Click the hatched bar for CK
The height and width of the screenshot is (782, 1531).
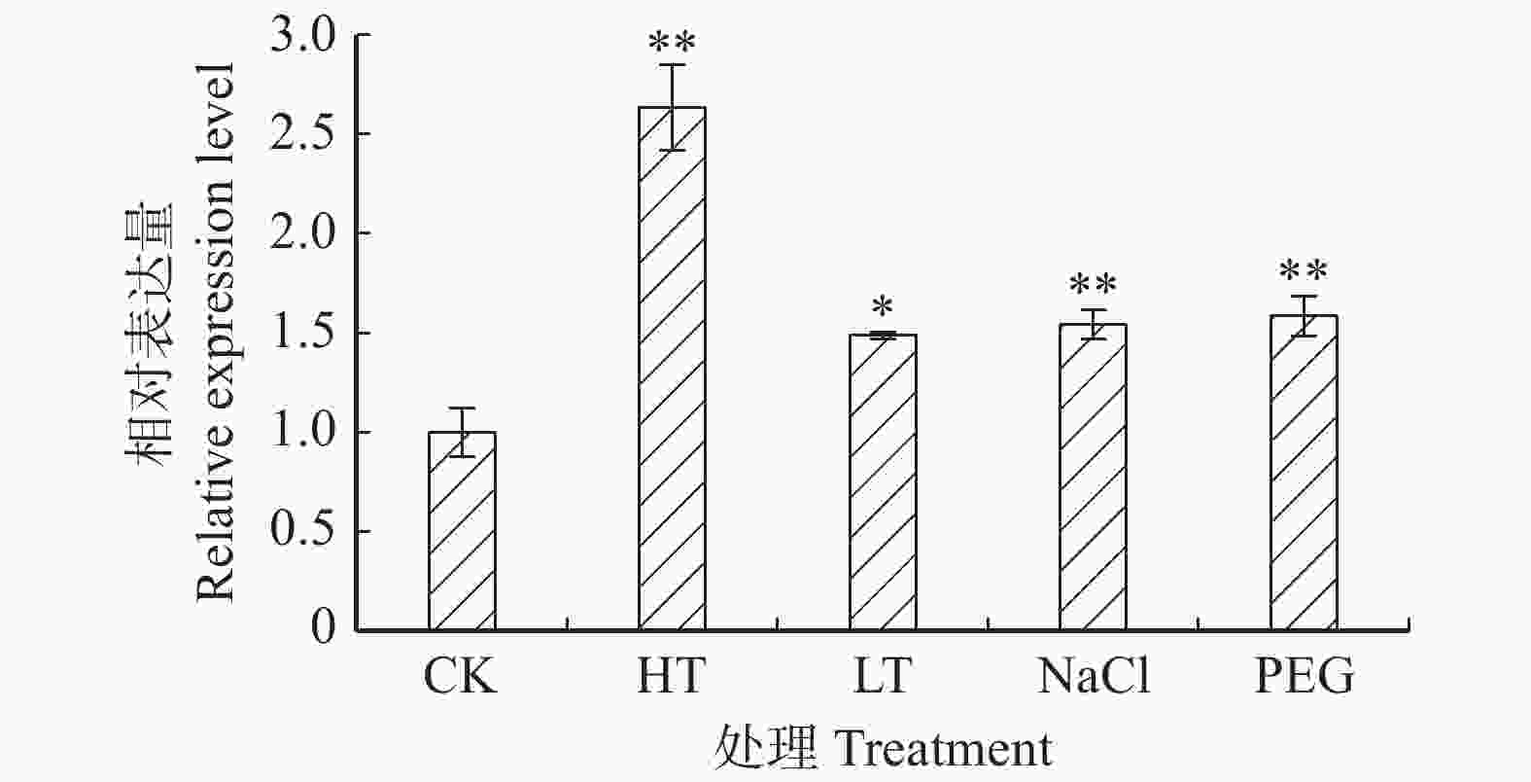coord(462,531)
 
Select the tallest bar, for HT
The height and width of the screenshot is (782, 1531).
coord(672,370)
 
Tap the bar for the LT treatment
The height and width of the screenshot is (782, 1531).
coord(883,482)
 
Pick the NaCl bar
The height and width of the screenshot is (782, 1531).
coord(1093,478)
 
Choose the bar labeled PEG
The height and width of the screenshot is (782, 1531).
coord(1304,473)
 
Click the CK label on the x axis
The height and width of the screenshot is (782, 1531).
coord(460,676)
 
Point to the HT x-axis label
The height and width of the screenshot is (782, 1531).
coord(671,676)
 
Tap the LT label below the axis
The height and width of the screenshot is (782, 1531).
coord(883,676)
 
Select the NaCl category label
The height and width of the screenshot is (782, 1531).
coord(1094,676)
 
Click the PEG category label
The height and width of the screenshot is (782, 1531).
coord(1305,676)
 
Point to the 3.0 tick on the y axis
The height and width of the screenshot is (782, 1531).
coord(301,36)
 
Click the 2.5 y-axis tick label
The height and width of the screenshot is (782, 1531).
coord(301,134)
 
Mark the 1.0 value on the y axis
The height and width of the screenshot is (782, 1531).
coord(301,432)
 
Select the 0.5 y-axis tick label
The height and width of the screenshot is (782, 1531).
coord(301,531)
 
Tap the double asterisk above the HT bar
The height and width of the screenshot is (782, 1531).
coord(672,44)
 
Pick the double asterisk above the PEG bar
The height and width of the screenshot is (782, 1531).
coord(1304,273)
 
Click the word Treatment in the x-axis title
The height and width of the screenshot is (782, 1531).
coord(943,750)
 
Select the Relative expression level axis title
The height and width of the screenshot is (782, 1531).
coord(216,331)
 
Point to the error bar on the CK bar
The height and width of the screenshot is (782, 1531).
coord(462,432)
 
